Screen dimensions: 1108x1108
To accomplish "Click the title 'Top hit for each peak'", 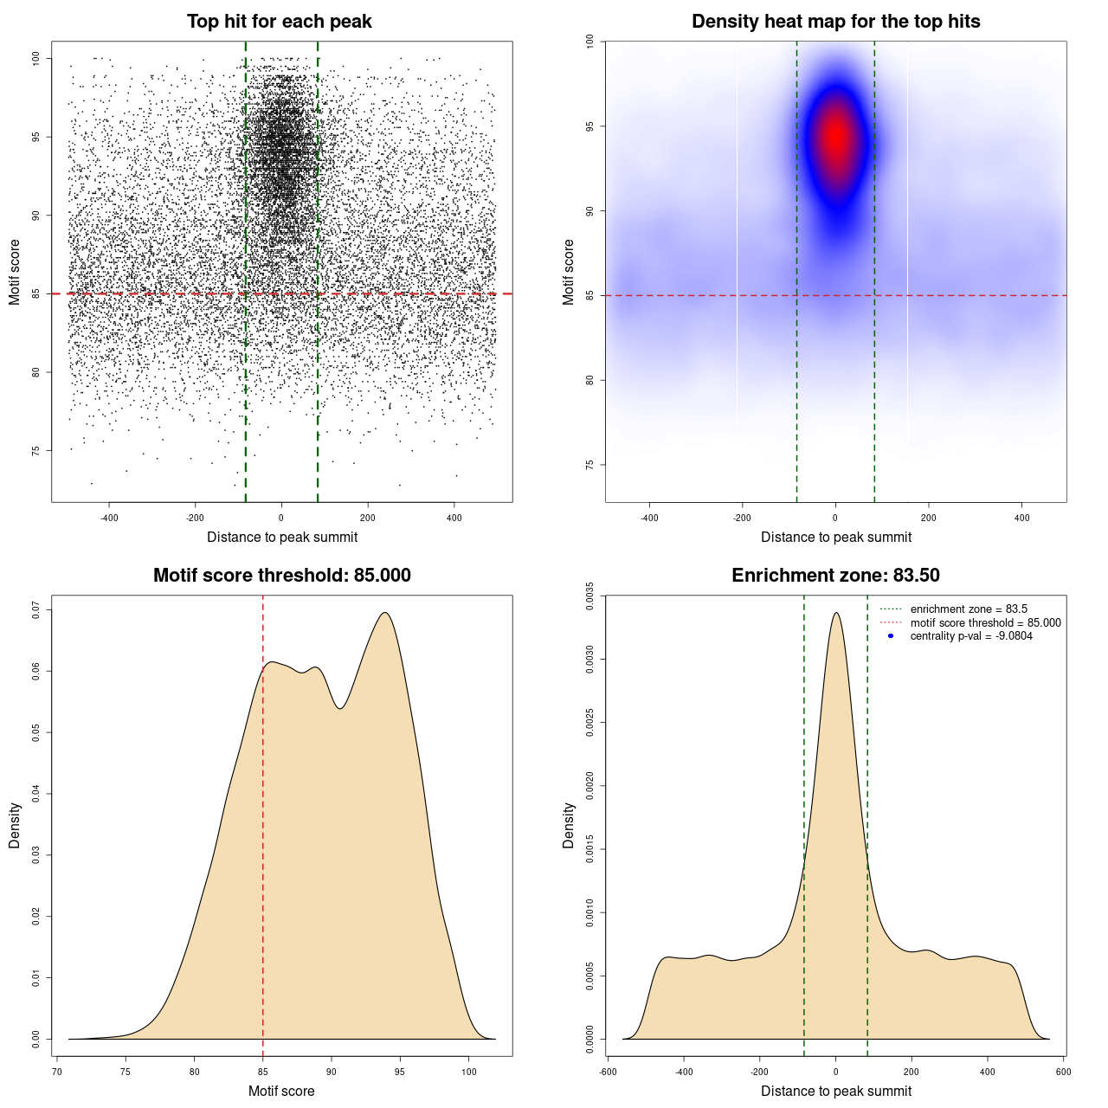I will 279,22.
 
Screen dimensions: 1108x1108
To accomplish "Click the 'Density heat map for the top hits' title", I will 835,22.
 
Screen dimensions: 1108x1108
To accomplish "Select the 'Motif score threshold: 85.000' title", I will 281,576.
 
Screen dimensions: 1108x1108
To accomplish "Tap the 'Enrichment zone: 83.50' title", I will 835,576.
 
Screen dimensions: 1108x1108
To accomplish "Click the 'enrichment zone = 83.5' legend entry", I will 969,609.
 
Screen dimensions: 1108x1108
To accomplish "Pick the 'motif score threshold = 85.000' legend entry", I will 985,622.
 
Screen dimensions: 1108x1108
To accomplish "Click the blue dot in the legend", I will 891,636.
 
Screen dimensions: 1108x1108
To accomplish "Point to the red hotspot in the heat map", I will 836,137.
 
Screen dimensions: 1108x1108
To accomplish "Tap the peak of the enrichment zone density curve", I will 835,613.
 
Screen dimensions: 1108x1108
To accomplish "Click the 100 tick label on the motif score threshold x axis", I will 469,1072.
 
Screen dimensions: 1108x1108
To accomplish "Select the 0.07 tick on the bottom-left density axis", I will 36,610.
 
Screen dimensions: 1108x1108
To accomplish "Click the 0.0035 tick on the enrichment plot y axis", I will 589,596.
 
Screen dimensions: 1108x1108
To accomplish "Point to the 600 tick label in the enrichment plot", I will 1064,1072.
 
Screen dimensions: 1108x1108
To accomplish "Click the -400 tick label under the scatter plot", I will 109,518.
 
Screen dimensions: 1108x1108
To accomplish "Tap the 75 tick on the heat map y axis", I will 589,465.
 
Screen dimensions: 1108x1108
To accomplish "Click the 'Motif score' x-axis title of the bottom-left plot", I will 281,1091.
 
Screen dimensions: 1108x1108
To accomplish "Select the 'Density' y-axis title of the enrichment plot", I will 569,825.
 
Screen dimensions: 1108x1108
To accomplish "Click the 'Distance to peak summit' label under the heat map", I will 835,537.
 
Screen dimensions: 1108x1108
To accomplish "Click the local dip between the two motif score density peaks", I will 340,708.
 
